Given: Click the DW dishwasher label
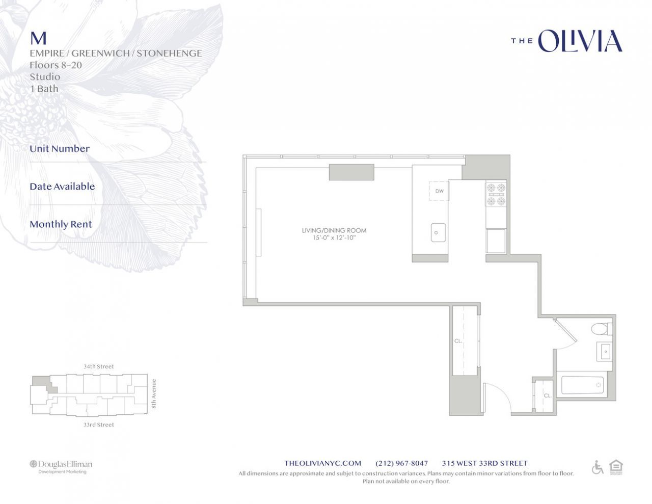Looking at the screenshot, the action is click(439, 191).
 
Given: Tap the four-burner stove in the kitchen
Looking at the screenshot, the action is click(496, 194).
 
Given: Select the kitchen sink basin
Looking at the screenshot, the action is click(438, 232).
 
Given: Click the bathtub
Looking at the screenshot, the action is click(582, 385).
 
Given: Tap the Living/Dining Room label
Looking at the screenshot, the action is click(334, 230).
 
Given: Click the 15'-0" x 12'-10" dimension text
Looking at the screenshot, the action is click(334, 238).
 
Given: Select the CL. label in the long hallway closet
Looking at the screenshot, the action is click(458, 341).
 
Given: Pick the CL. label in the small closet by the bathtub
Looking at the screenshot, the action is click(548, 395).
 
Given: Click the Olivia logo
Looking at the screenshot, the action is click(566, 41).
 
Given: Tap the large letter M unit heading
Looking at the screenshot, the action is click(38, 39).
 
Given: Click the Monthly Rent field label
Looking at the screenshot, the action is click(61, 224).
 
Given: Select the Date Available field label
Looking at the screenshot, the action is click(62, 187).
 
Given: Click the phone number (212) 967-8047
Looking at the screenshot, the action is click(401, 463).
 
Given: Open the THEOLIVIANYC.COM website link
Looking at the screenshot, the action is click(323, 463).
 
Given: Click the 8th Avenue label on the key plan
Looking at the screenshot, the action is click(154, 394).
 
